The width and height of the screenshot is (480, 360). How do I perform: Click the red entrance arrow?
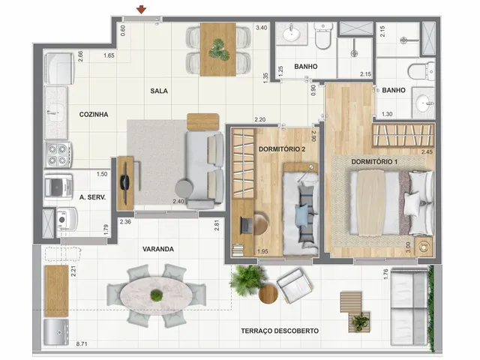[x=141, y=10]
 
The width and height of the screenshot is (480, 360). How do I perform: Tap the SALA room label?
[x=159, y=91]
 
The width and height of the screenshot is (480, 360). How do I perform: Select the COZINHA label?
[x=94, y=115]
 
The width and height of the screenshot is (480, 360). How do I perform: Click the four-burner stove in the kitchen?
[x=58, y=154]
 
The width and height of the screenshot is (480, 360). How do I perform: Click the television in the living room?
[x=125, y=183]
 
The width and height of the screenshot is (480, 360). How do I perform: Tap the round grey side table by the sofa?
[x=184, y=187]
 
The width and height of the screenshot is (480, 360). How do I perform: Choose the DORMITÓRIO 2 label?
[x=282, y=149]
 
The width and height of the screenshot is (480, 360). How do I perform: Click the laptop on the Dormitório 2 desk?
[x=245, y=225]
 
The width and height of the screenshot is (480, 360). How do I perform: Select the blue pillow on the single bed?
[x=301, y=216]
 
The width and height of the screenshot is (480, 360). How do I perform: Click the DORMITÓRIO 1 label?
[x=374, y=162]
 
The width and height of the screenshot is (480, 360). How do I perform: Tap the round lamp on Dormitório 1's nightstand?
[x=424, y=247]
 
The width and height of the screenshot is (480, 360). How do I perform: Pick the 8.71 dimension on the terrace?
[x=82, y=343]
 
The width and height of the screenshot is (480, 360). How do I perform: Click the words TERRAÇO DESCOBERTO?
[x=280, y=331]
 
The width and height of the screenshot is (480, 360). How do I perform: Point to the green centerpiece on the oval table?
[x=157, y=295]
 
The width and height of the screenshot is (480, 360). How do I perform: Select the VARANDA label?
[x=158, y=249]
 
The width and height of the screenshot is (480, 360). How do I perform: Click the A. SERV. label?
[x=92, y=197]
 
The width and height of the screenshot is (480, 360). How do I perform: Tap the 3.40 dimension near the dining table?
[x=262, y=28]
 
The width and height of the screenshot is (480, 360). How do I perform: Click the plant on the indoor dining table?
[x=219, y=50]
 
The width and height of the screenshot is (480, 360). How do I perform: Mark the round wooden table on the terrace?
[x=268, y=294]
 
